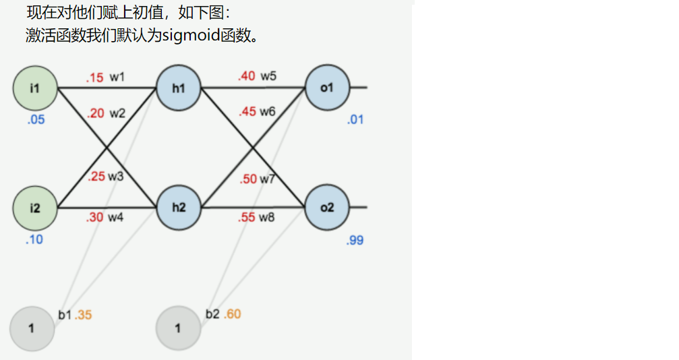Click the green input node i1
click(35, 88)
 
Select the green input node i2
click(35, 208)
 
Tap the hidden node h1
click(179, 88)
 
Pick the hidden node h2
click(179, 208)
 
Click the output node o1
click(327, 88)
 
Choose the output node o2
click(327, 208)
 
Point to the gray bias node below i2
click(32, 329)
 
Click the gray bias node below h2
click(178, 329)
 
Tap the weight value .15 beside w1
click(94, 78)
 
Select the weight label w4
click(117, 217)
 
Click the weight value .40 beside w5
click(247, 76)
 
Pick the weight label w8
click(268, 217)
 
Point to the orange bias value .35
click(83, 315)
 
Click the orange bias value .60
click(232, 314)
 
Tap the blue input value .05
click(35, 120)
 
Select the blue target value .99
click(355, 241)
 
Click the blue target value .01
click(355, 120)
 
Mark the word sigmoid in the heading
click(190, 35)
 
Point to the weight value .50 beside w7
click(248, 179)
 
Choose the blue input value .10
click(34, 239)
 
